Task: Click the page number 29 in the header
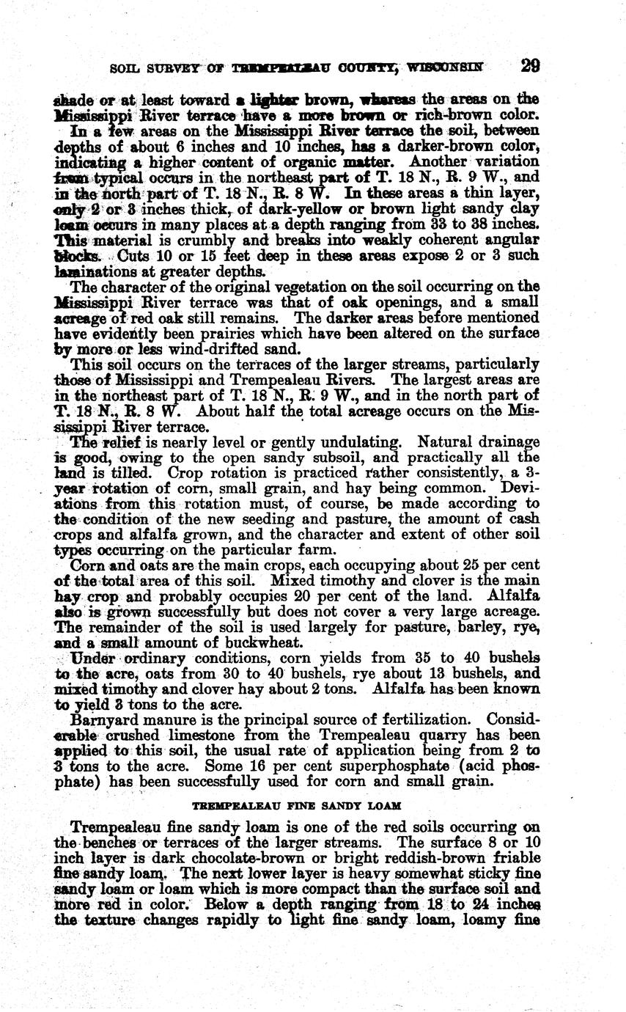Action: (x=530, y=66)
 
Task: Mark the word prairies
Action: (x=237, y=333)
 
